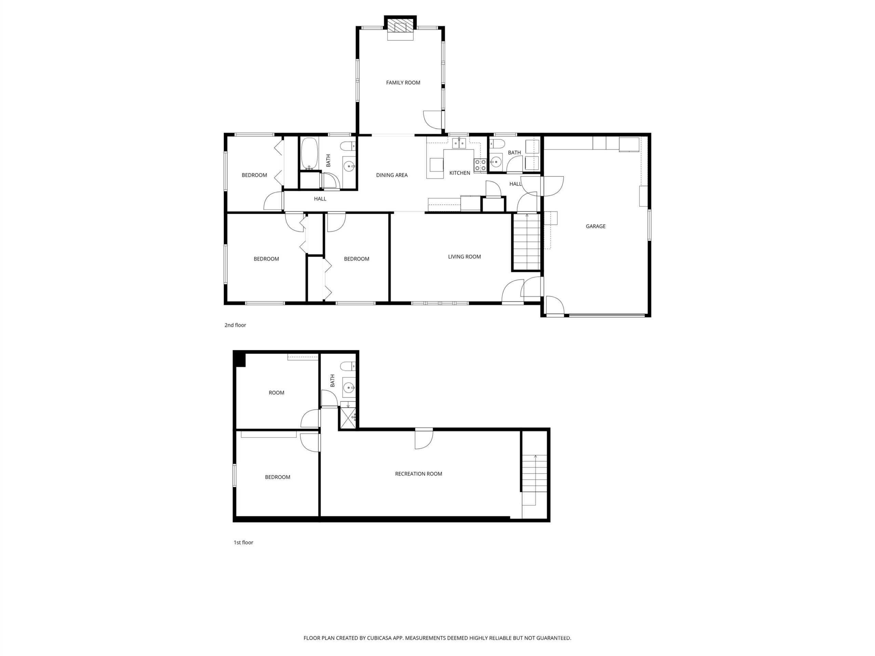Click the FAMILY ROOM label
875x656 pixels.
(403, 83)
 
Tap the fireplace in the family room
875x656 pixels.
(400, 28)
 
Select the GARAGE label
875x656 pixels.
(595, 226)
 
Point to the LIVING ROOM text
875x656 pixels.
(465, 257)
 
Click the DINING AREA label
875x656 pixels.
(392, 175)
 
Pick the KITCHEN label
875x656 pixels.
(460, 173)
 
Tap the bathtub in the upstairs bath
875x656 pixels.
(309, 153)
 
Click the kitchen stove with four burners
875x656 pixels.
(480, 165)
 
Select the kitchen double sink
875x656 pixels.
(459, 143)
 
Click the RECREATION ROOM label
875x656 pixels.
(418, 474)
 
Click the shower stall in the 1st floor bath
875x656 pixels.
(348, 418)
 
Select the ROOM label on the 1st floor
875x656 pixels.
(277, 393)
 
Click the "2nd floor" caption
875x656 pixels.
(235, 325)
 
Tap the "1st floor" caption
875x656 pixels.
(243, 543)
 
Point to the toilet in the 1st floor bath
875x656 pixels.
(349, 366)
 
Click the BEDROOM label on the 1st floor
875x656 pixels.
(277, 477)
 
